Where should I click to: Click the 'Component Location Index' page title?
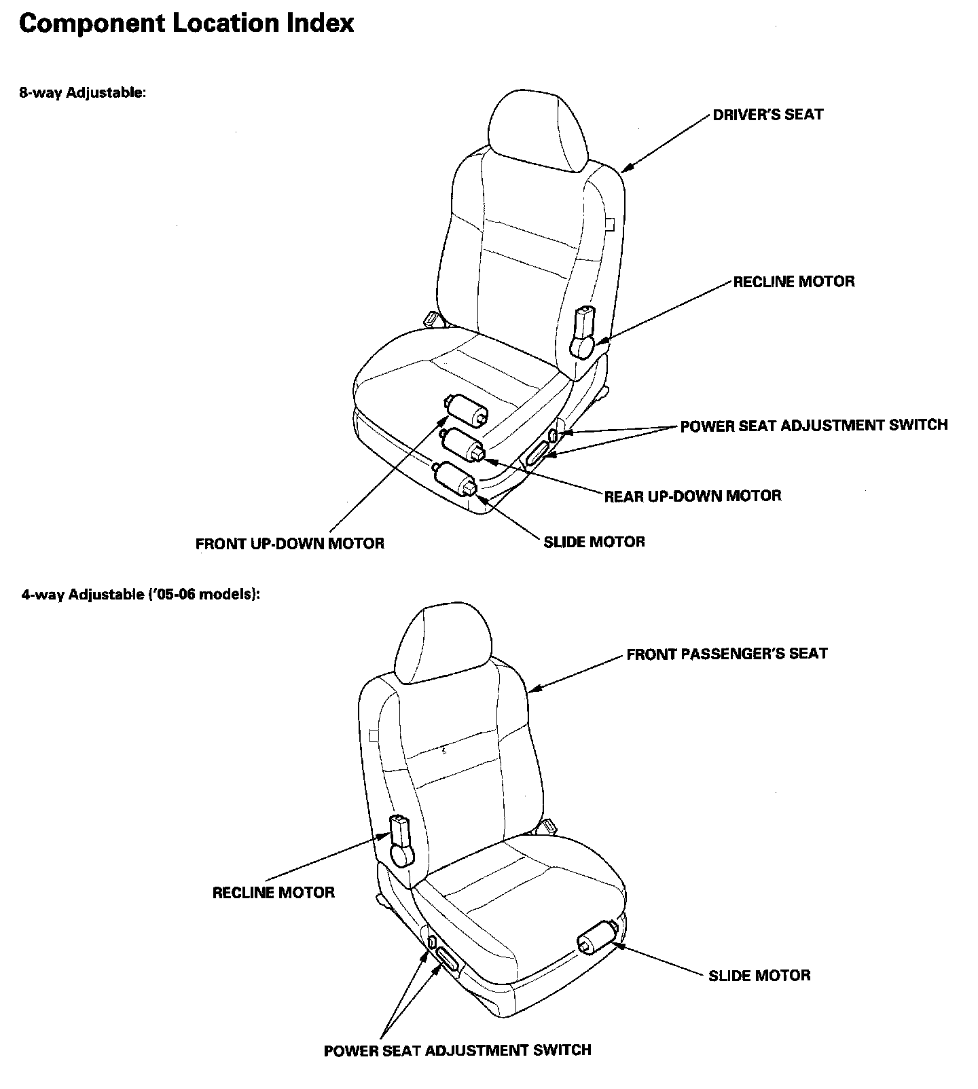[186, 24]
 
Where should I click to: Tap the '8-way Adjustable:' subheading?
[82, 92]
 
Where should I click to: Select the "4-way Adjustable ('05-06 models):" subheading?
[141, 595]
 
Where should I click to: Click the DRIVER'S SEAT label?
[767, 115]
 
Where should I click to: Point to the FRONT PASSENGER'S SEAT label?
[727, 654]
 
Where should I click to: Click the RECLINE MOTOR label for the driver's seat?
[793, 282]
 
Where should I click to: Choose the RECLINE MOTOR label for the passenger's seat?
[273, 892]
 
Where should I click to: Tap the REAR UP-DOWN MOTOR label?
[693, 496]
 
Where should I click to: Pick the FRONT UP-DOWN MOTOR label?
[289, 544]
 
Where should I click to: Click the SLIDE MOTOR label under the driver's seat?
[594, 542]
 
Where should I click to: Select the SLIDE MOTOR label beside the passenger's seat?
[759, 976]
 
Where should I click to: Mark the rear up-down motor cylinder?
[463, 445]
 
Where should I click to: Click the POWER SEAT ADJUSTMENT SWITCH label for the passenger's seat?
[457, 1050]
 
